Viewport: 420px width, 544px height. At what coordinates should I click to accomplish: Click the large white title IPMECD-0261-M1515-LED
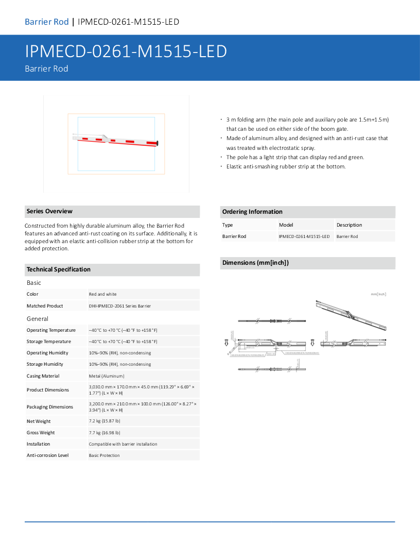click(126, 52)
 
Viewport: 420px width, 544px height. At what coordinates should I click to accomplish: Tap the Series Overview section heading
click(49, 211)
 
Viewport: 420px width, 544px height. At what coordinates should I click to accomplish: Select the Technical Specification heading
click(58, 269)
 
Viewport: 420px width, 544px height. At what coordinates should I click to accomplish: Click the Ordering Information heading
click(252, 212)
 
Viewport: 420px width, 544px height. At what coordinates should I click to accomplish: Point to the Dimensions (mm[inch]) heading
click(255, 263)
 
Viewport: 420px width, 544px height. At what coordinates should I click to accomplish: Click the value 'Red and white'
click(103, 294)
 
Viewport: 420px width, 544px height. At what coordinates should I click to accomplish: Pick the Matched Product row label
click(45, 306)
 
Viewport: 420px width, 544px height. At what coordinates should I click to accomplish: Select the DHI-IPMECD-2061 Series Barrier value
click(120, 306)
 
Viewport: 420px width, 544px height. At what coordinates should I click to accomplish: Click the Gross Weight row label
click(41, 433)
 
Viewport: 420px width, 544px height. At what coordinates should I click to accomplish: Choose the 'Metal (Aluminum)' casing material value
click(107, 376)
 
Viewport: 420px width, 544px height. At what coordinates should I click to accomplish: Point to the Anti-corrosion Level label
click(47, 455)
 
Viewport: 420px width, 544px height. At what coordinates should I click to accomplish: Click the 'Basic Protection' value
click(104, 455)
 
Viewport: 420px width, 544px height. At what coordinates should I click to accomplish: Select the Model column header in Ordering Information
click(286, 225)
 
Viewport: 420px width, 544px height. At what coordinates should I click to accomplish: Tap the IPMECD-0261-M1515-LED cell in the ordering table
click(304, 236)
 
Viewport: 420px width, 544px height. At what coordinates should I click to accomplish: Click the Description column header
click(349, 225)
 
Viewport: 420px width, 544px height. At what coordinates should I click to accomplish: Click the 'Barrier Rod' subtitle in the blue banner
click(46, 69)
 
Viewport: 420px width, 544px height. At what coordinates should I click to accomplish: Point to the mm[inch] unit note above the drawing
click(378, 294)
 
